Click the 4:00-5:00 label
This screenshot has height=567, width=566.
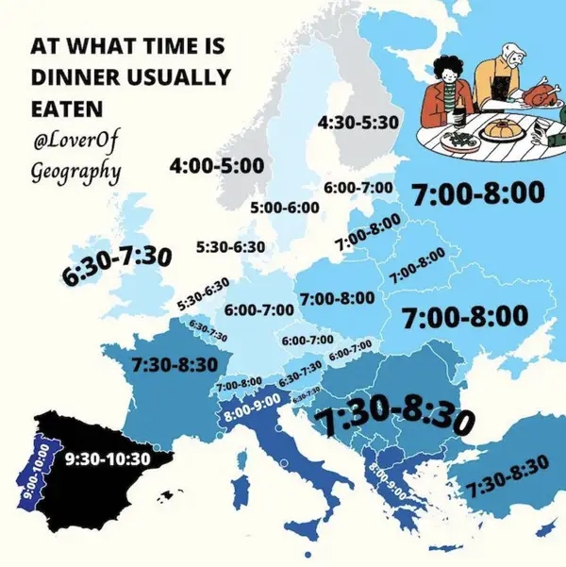(x=216, y=166)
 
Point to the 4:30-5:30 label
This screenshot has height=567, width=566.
(x=358, y=123)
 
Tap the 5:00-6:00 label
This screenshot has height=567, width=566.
(x=284, y=207)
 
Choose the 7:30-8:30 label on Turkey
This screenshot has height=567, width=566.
(x=507, y=475)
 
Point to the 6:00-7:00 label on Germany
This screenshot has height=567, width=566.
(x=259, y=309)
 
